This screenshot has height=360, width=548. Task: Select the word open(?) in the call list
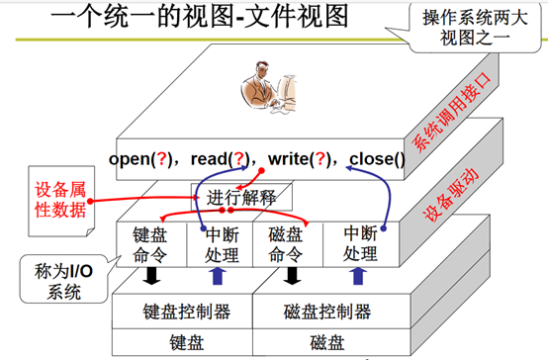click(x=142, y=157)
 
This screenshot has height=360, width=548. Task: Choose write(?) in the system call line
click(x=296, y=157)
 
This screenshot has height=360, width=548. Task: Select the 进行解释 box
click(x=241, y=196)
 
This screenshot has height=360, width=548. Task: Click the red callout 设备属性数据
click(x=56, y=197)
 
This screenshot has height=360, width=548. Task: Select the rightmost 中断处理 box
click(x=359, y=243)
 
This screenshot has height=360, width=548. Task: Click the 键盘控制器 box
click(x=187, y=313)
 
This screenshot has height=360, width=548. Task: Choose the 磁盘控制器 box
click(x=326, y=313)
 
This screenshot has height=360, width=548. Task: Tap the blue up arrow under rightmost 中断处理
click(x=359, y=275)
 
